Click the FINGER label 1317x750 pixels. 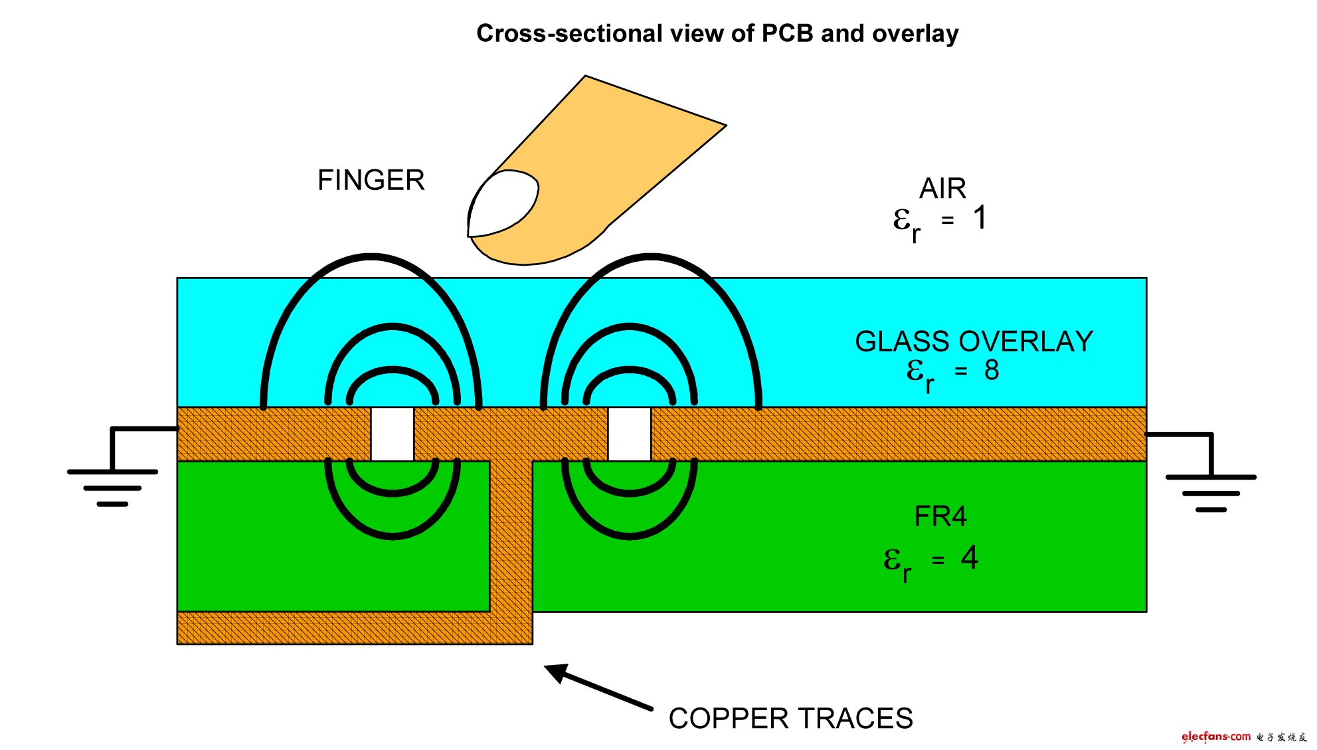[x=371, y=180]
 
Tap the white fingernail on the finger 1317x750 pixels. [x=502, y=203]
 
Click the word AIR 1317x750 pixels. [x=942, y=189]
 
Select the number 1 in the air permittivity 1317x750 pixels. [x=980, y=218]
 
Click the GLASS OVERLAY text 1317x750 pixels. [x=973, y=341]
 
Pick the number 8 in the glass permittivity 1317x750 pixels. [x=991, y=371]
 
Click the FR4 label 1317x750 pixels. [x=940, y=516]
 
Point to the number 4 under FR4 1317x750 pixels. [x=969, y=558]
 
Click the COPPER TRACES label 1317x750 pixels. [x=790, y=718]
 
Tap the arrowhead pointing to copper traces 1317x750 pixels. [x=557, y=672]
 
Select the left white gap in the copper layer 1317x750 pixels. [x=392, y=434]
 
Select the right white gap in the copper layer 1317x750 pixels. [x=629, y=434]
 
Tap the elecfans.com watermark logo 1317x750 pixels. [x=1215, y=736]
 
